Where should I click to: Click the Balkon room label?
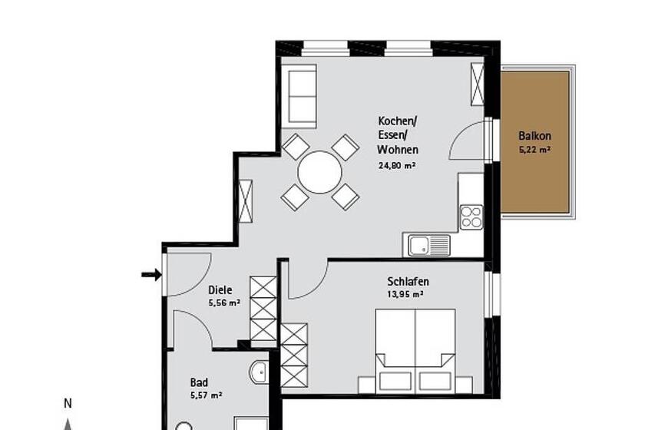point(534,136)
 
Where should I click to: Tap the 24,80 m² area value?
point(396,166)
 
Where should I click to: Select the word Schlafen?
point(408,282)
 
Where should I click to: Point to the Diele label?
point(220,290)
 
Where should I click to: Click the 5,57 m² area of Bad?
point(207,395)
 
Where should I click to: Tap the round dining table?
point(319,172)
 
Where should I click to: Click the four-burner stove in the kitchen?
point(471,217)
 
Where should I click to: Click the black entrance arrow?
point(151,274)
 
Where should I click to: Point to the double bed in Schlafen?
point(415,351)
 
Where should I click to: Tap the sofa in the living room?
point(303,96)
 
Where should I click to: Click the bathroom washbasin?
point(260,372)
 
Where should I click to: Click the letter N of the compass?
point(68,404)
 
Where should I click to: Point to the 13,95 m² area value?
point(405,295)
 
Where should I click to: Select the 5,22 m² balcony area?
point(534,150)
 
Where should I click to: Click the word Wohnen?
point(398,150)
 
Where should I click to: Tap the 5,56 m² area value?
point(224,303)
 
